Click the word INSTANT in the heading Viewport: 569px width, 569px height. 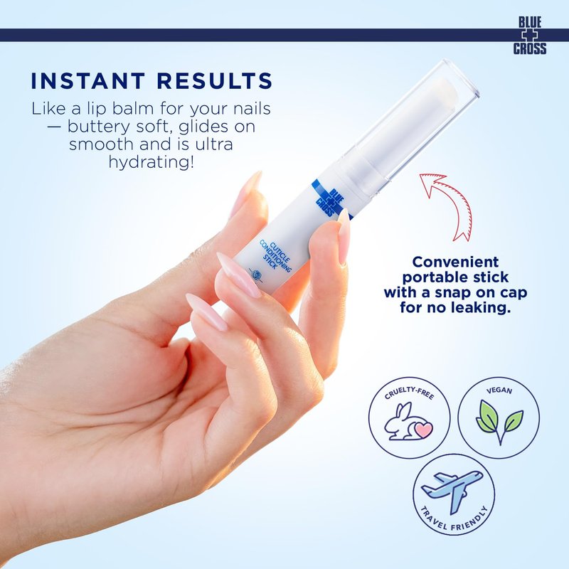(x=88, y=80)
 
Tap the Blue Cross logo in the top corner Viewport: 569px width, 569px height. (x=529, y=36)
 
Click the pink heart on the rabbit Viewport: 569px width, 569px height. (x=423, y=430)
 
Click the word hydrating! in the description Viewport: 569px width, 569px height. (x=151, y=162)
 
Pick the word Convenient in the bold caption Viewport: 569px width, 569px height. (x=455, y=262)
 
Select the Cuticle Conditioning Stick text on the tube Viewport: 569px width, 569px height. (x=275, y=255)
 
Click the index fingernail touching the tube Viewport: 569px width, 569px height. (x=343, y=237)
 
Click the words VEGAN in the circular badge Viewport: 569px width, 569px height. (x=499, y=390)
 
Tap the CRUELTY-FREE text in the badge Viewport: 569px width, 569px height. (x=409, y=393)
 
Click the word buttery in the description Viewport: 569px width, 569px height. (x=99, y=127)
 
